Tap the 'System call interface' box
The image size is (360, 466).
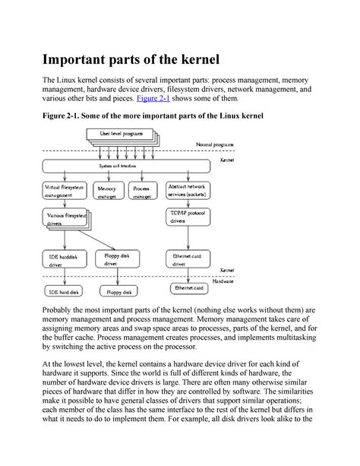115,165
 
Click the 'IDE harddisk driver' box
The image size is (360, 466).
64,262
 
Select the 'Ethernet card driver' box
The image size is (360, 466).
189,262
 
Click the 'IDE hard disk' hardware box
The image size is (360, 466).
64,291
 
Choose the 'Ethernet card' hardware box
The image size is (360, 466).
189,289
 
